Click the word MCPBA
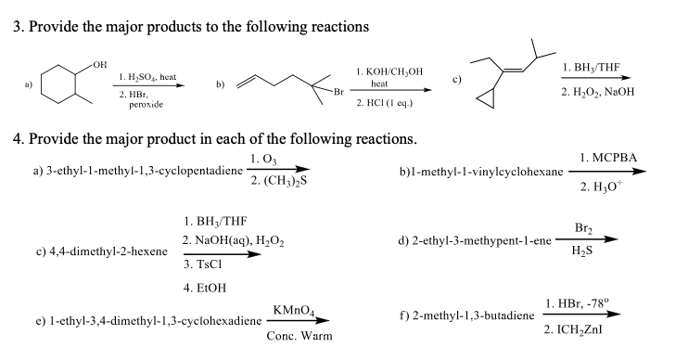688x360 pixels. (x=616, y=160)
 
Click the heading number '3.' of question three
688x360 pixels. (x=19, y=26)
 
